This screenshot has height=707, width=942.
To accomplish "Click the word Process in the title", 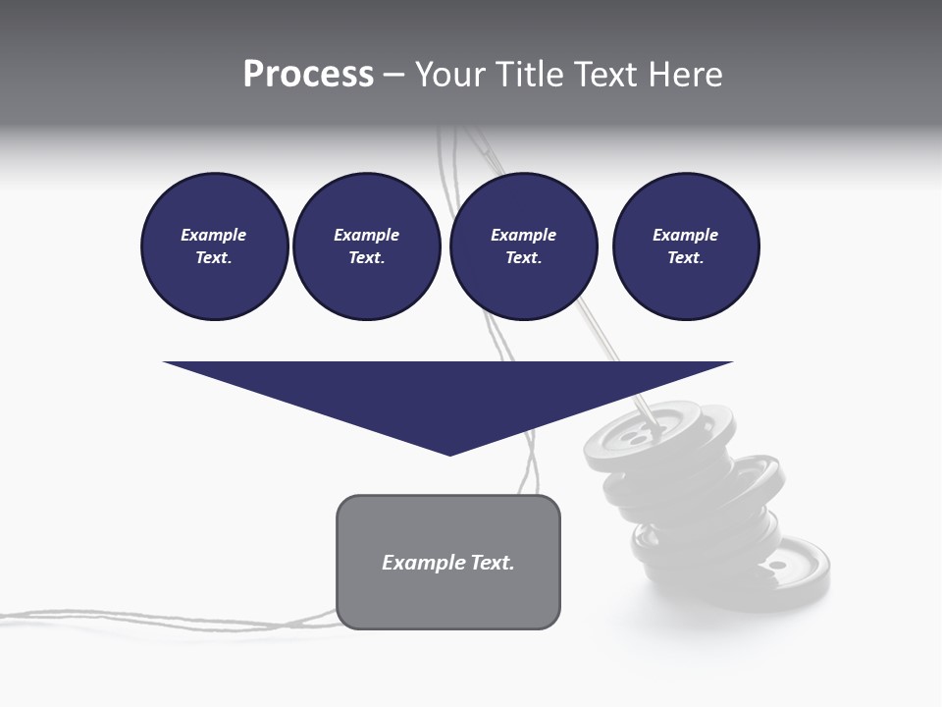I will [x=308, y=75].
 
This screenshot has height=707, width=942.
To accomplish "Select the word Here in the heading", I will [x=685, y=75].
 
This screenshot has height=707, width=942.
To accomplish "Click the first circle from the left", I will [x=214, y=246].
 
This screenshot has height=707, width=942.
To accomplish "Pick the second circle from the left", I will [x=366, y=246].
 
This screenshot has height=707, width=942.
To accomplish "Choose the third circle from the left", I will [x=523, y=246].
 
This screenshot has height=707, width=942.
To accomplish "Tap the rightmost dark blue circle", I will [x=685, y=246].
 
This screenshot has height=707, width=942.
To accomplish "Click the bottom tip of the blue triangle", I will [x=449, y=454].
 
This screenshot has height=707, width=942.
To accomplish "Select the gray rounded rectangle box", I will [x=448, y=562].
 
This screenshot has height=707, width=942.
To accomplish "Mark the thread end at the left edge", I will [x=4, y=616].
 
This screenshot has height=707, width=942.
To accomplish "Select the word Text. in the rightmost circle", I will [x=685, y=258].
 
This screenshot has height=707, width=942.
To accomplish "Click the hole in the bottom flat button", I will [x=777, y=567].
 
